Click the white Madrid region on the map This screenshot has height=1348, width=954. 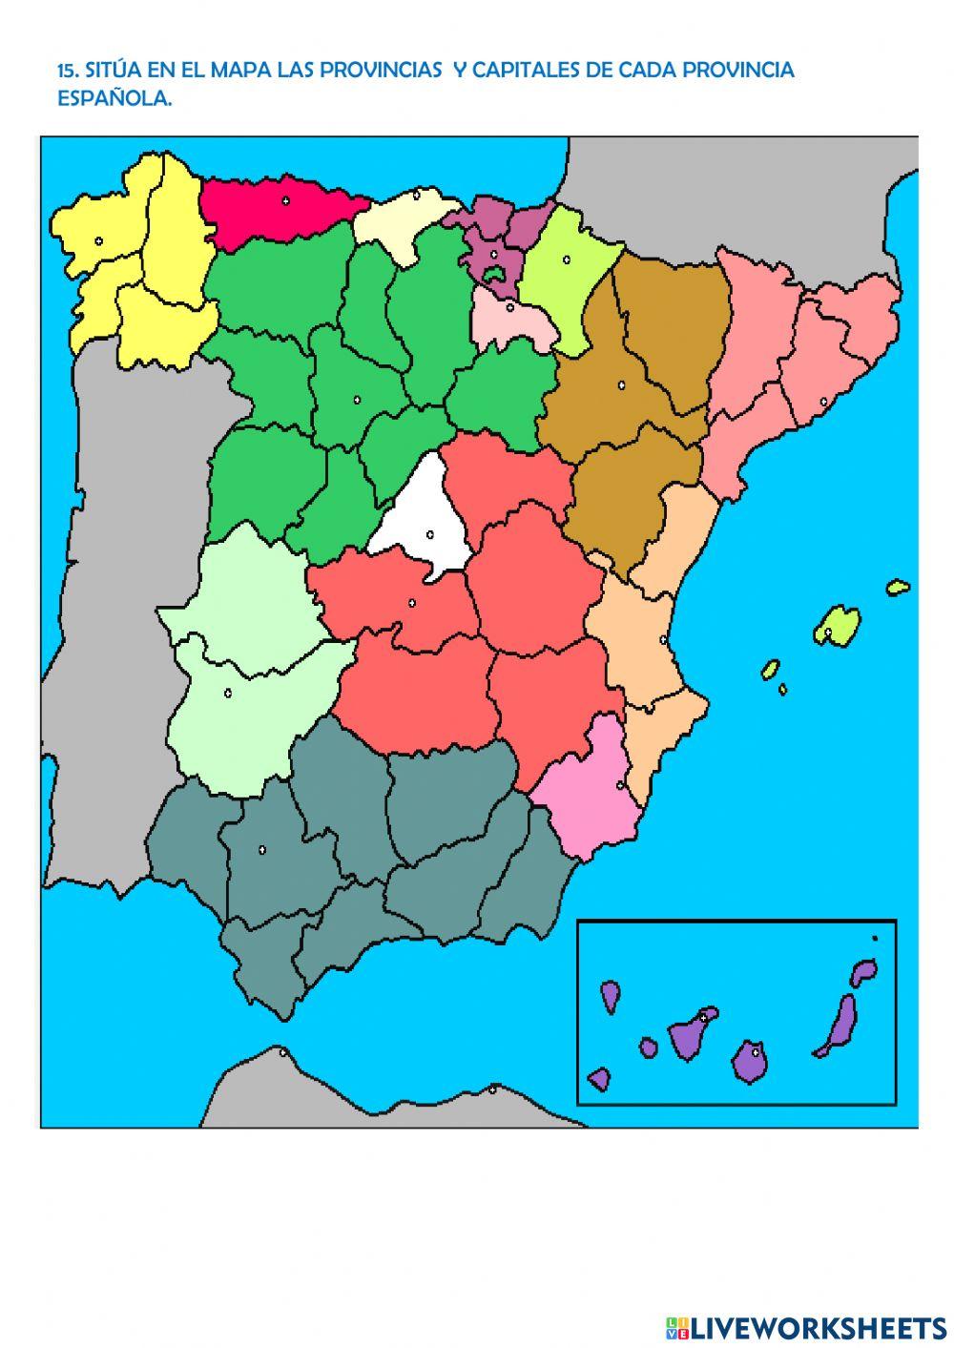coord(420,520)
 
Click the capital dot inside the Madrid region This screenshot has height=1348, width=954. coord(429,534)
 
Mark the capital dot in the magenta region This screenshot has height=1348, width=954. coord(285,200)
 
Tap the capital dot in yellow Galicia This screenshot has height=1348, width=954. coord(98,240)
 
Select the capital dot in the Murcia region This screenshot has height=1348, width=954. coord(620,785)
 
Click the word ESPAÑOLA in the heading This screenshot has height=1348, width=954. coord(114,99)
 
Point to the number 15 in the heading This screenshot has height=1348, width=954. coord(67,71)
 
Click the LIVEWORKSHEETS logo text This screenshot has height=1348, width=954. coord(816,1327)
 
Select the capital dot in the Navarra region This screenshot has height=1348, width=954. coord(566,258)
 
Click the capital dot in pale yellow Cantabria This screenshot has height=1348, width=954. coord(417,194)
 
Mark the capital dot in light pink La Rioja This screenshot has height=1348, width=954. coord(509,307)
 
